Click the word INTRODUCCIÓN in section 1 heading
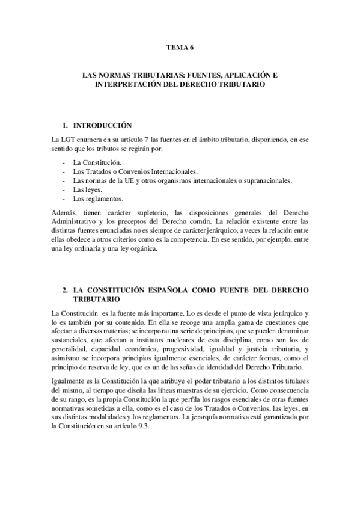pos(102,126)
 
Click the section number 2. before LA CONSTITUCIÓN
pos(66,290)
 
